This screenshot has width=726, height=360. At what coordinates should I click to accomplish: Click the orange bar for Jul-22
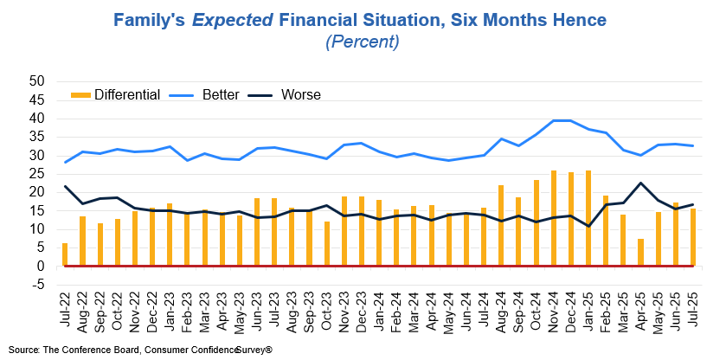pos(65,254)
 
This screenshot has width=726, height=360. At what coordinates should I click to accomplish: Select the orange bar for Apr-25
pos(640,252)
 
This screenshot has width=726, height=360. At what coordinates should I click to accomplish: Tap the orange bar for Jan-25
pos(588,218)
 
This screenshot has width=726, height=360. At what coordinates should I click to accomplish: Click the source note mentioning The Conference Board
pos(139,349)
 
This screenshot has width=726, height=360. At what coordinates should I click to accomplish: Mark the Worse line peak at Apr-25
pos(640,183)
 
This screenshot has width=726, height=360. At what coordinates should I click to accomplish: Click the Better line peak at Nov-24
pos(554,120)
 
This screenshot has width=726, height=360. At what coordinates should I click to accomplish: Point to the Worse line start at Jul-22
pos(66,186)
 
